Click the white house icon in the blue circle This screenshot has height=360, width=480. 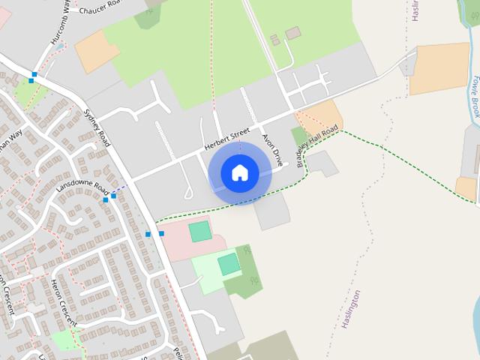pos(239,172)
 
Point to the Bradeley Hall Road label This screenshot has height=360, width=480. pos(318,146)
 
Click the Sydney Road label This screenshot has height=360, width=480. pos(97,119)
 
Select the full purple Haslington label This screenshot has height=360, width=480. pos(351,310)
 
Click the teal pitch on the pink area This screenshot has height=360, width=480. pos(200,231)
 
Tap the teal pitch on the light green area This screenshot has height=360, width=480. pos(229,264)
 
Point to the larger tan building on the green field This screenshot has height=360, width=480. pos(292,33)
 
